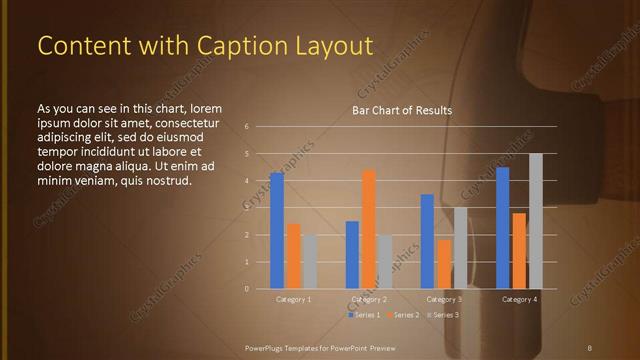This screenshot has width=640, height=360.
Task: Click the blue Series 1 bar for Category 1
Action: [277, 230]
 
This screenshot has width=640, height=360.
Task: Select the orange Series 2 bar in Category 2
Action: [369, 228]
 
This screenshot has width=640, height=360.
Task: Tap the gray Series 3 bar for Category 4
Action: [536, 221]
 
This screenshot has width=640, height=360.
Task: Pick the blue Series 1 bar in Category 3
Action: [427, 241]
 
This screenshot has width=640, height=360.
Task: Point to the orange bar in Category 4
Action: [519, 250]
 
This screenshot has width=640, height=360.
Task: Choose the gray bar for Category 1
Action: [309, 261]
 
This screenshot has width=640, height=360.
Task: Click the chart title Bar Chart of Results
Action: [402, 110]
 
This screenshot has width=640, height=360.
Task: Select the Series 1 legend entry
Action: [365, 315]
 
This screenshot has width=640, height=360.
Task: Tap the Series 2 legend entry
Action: [403, 315]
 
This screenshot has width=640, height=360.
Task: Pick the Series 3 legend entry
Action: [442, 315]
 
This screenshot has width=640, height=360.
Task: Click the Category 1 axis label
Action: [293, 299]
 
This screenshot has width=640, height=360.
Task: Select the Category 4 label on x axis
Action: [519, 299]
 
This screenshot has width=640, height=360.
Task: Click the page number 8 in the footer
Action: [589, 347]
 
